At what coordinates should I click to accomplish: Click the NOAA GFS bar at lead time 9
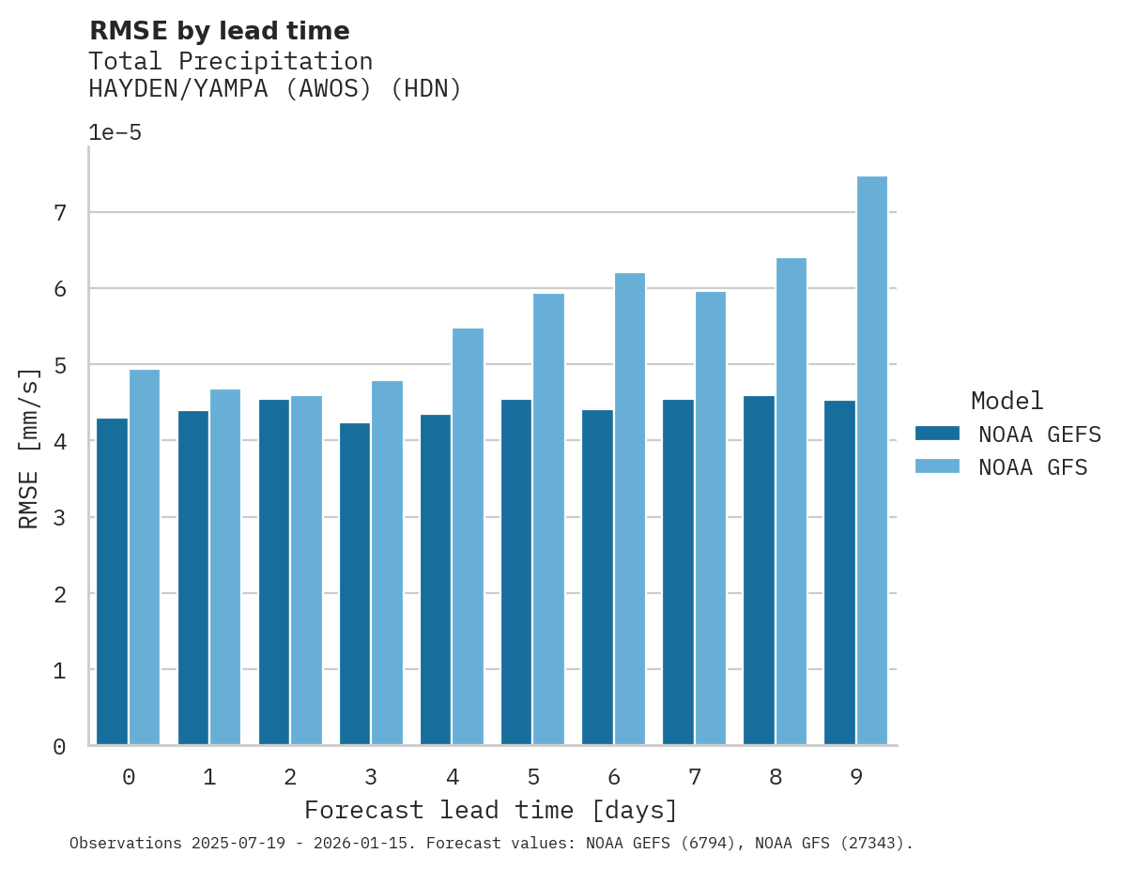(871, 461)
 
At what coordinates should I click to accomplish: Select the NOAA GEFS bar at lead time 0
(112, 582)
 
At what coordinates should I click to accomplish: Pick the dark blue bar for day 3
(355, 584)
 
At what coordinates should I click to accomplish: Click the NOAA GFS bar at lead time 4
(468, 537)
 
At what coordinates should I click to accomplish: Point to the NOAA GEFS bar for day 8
(759, 571)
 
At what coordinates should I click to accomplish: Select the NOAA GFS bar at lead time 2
(306, 571)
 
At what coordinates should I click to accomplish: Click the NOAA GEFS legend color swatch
(937, 434)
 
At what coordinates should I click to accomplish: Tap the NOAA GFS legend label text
(1032, 467)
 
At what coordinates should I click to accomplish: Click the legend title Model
(1007, 401)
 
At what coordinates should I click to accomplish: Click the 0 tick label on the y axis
(60, 747)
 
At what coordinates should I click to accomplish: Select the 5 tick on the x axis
(533, 777)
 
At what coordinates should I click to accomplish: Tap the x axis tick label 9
(856, 777)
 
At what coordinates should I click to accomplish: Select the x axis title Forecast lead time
(490, 810)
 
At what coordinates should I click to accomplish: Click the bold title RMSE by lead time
(219, 31)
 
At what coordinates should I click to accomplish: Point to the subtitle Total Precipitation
(230, 62)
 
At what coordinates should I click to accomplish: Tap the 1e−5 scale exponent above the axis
(115, 133)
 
